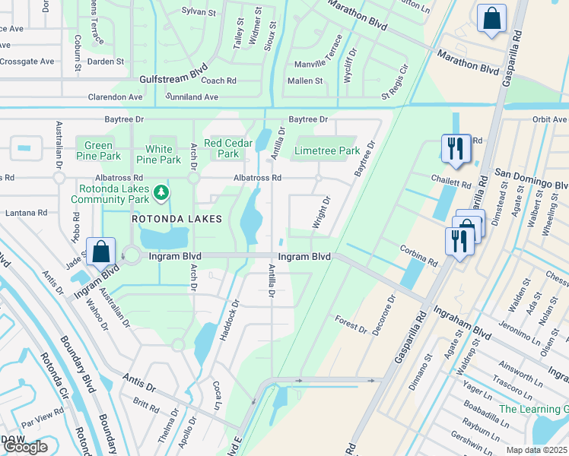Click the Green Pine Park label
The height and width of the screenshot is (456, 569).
99,150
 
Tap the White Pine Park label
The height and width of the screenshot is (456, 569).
159,154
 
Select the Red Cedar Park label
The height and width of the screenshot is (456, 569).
221,148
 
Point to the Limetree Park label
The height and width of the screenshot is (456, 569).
327,150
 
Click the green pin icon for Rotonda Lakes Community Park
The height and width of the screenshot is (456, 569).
161,193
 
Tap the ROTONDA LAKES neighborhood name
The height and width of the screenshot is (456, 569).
176,219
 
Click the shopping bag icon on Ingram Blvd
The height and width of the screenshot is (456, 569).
100,251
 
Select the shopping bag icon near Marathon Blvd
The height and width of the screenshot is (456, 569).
491,18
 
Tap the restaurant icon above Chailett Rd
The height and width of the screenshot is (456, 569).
456,148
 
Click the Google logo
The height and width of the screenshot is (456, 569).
25,447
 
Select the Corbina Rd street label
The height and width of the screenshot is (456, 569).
419,255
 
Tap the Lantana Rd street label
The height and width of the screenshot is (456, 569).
27,214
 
